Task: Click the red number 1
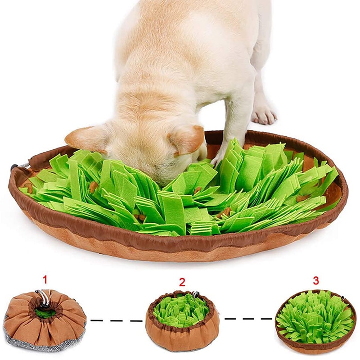[x=44, y=280]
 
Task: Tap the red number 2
[x=182, y=282]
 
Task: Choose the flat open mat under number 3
[x=315, y=320]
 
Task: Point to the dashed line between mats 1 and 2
[x=116, y=320]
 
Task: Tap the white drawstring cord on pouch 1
[x=44, y=298]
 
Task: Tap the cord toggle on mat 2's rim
[x=195, y=295]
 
